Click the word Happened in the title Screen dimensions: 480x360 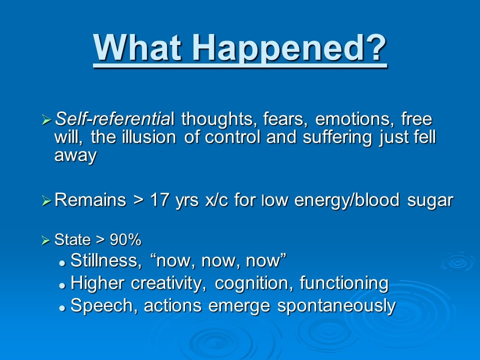289,48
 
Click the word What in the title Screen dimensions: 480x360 137,46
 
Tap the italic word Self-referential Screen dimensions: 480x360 114,118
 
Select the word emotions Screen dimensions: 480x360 354,119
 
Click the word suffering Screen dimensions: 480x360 337,137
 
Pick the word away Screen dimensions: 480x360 75,155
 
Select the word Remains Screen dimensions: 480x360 90,200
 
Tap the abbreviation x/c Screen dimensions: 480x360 216,200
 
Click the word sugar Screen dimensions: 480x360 430,201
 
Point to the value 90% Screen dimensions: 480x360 125,239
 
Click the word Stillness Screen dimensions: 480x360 106,260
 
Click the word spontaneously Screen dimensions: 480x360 336,306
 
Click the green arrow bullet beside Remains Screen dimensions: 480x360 46,201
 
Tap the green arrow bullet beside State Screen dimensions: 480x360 45,240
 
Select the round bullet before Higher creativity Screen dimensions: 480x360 62,285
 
